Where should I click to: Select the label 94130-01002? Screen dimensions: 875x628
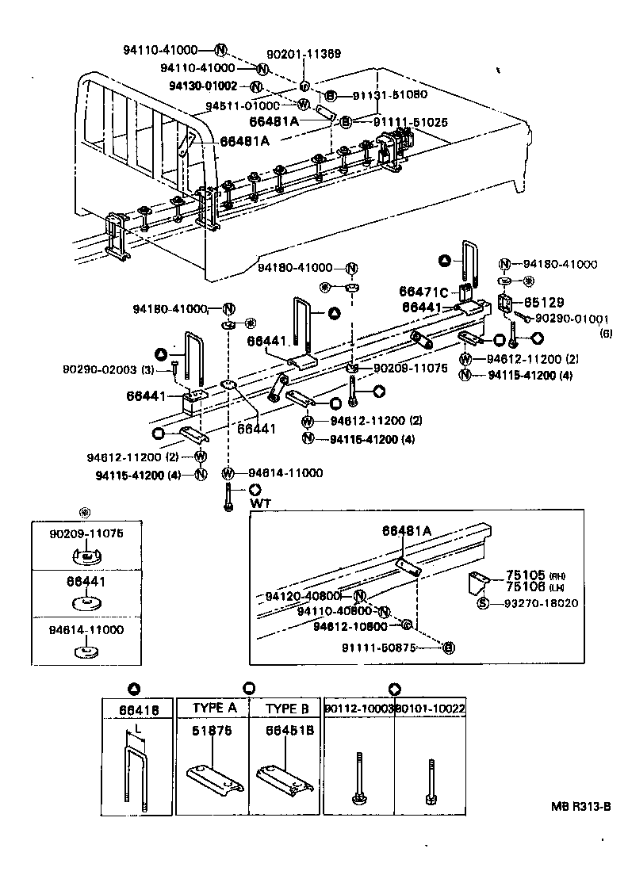pyautogui.click(x=202, y=86)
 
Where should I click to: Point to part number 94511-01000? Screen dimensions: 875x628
pyautogui.click(x=242, y=105)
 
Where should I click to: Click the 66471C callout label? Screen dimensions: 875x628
pyautogui.click(x=425, y=292)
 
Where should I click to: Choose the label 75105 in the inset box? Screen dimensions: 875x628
pyautogui.click(x=523, y=575)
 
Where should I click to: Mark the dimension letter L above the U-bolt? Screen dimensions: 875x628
pyautogui.click(x=138, y=727)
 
